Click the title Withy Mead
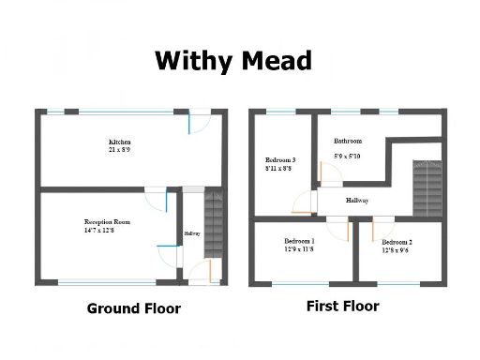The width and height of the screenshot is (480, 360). click(x=232, y=61)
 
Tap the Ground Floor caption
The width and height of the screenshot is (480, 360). click(x=133, y=308)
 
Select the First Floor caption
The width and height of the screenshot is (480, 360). click(x=342, y=306)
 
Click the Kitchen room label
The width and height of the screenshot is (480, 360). click(x=121, y=142)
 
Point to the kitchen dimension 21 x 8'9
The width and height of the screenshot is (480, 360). click(x=121, y=150)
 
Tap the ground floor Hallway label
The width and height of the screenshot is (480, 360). click(x=192, y=233)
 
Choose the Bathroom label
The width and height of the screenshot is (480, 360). click(x=348, y=142)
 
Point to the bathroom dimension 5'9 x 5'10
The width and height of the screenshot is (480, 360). click(x=349, y=157)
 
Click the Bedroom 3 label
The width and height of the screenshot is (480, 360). click(x=280, y=160)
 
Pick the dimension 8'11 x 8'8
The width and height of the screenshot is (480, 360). click(x=280, y=169)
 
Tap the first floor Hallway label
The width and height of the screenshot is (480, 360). click(x=357, y=201)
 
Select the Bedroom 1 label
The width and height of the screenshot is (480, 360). click(x=299, y=241)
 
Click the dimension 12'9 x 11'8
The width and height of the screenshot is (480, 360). click(x=299, y=249)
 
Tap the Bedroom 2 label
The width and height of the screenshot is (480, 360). click(x=397, y=243)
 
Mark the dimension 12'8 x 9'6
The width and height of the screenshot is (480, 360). click(x=397, y=251)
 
